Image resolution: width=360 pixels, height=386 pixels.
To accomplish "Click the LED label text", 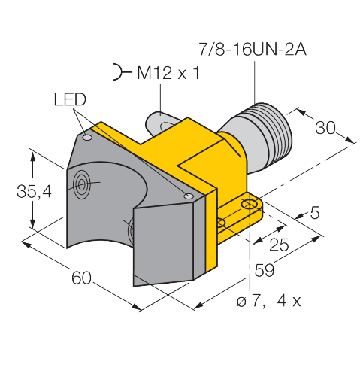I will (70, 101).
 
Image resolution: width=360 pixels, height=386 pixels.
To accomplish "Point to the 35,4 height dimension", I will (34, 193).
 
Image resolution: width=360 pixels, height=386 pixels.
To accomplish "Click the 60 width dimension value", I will (82, 278).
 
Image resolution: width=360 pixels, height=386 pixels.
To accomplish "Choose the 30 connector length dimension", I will (325, 128).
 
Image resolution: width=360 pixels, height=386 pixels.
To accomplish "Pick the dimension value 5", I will (314, 213).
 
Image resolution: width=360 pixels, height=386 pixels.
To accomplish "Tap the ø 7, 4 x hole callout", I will (269, 302).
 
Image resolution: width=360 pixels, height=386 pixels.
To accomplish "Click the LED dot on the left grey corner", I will (88, 138).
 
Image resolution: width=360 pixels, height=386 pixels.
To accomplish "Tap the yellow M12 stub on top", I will (160, 120).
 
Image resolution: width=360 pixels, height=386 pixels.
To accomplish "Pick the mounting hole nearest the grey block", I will (221, 223).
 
